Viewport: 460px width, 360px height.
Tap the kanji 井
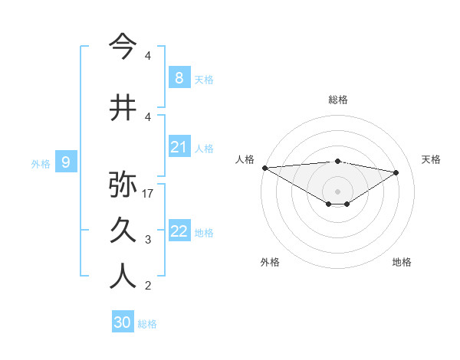click(x=123, y=107)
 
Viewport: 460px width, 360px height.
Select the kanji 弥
click(x=123, y=185)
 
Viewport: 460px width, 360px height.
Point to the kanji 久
click(x=123, y=231)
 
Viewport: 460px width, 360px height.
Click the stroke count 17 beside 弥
click(x=149, y=193)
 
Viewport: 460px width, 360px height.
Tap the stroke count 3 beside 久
click(x=148, y=240)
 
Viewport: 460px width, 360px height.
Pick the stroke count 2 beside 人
click(x=148, y=286)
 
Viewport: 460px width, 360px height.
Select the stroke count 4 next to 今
click(x=148, y=56)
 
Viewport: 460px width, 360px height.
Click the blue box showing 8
click(x=179, y=77)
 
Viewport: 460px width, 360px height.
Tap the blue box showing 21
click(x=179, y=147)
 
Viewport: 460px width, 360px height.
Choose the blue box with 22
click(x=179, y=231)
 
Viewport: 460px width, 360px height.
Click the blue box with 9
click(x=66, y=162)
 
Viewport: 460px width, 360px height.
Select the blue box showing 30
click(x=123, y=322)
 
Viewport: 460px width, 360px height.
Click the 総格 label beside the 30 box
click(x=147, y=324)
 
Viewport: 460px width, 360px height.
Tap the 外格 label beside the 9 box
click(x=41, y=163)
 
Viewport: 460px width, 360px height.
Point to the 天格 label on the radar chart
click(x=432, y=159)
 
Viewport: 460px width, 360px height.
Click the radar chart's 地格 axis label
click(x=402, y=262)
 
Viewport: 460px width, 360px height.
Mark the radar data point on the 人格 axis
click(x=264, y=167)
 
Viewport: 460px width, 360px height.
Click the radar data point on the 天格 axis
click(x=396, y=172)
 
